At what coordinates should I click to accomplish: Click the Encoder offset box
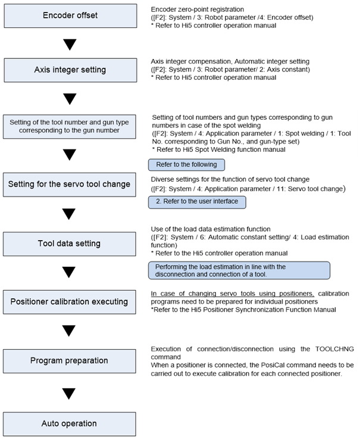pyautogui.click(x=70, y=15)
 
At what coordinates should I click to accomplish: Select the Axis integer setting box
pyautogui.click(x=70, y=70)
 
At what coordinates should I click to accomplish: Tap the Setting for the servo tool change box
pyautogui.click(x=70, y=185)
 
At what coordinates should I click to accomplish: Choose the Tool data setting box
pyautogui.click(x=70, y=244)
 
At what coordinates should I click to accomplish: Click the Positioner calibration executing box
pyautogui.click(x=70, y=302)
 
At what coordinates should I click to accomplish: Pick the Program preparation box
pyautogui.click(x=70, y=361)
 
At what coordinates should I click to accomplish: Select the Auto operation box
pyautogui.click(x=70, y=424)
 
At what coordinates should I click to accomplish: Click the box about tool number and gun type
pyautogui.click(x=70, y=126)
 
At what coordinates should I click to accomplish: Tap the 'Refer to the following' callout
pyautogui.click(x=186, y=164)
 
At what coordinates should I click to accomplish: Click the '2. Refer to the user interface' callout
pyautogui.click(x=197, y=202)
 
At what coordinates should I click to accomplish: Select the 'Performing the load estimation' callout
pyautogui.click(x=239, y=270)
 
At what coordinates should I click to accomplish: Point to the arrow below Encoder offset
pyautogui.click(x=70, y=45)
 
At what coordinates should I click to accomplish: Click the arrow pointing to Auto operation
pyautogui.click(x=69, y=394)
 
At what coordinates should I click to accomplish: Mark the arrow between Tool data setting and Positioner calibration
pyautogui.click(x=69, y=272)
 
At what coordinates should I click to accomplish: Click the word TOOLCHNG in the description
pyautogui.click(x=334, y=349)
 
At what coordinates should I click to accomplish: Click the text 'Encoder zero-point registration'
pyautogui.click(x=198, y=10)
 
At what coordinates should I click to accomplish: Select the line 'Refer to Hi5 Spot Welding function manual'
pyautogui.click(x=221, y=150)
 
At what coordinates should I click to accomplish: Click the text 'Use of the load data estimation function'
pyautogui.click(x=211, y=229)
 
